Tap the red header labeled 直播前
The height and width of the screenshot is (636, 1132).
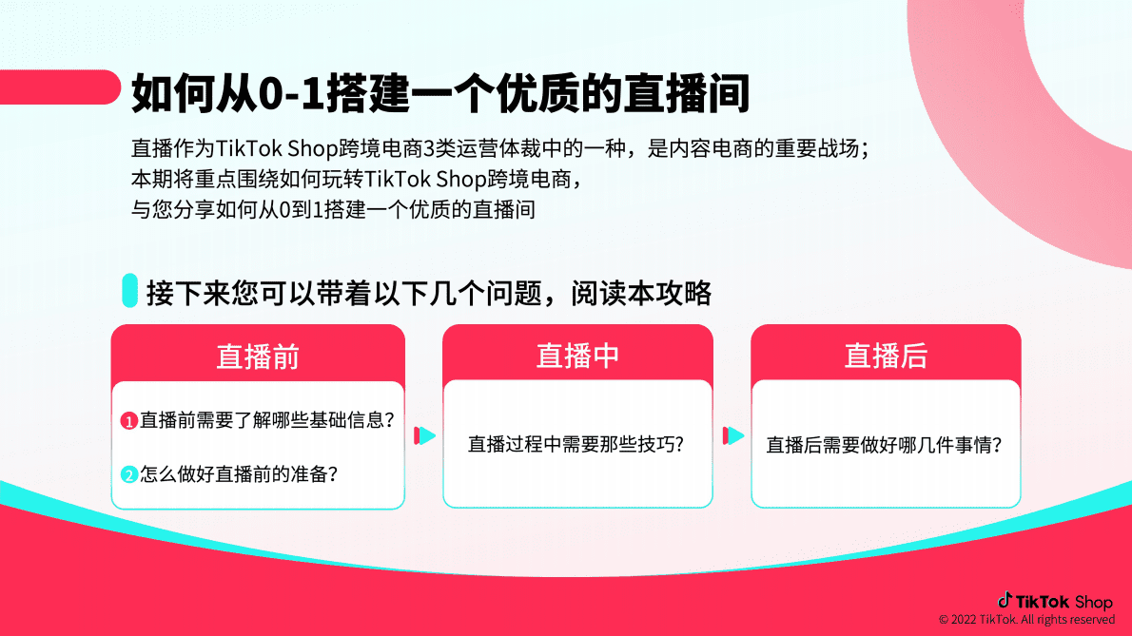(x=258, y=356)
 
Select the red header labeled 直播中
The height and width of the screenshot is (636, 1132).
(x=577, y=356)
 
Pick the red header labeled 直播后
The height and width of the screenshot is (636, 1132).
(x=886, y=356)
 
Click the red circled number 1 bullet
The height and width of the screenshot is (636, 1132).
(x=129, y=420)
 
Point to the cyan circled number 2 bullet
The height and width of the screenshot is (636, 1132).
(x=129, y=474)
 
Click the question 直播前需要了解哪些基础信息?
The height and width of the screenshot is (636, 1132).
(x=267, y=419)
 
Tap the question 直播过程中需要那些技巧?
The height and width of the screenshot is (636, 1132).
(x=576, y=444)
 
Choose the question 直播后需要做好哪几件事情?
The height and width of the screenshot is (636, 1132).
(x=885, y=444)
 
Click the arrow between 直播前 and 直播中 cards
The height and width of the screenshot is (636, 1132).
(x=424, y=435)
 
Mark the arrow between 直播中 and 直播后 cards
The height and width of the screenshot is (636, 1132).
(x=732, y=435)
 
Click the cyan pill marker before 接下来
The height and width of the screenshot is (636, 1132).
(x=130, y=291)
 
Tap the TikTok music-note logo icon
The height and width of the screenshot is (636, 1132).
(x=1005, y=600)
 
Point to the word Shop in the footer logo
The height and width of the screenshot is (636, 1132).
(x=1093, y=602)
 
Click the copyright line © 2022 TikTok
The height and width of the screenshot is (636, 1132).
(x=1026, y=620)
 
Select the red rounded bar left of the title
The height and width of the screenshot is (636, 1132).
(x=57, y=87)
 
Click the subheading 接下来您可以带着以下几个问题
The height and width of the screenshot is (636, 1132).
(x=428, y=293)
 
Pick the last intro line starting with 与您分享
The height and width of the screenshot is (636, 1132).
(x=333, y=209)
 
